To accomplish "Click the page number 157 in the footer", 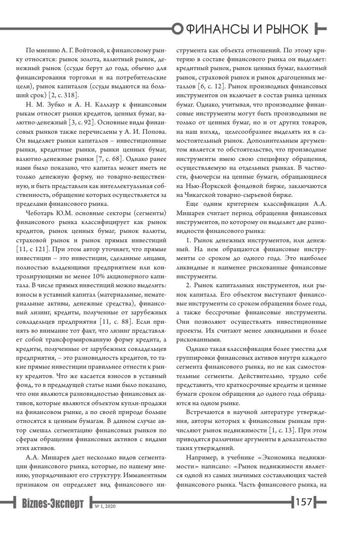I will [x=303, y=503].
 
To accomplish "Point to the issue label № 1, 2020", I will [x=105, y=506].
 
